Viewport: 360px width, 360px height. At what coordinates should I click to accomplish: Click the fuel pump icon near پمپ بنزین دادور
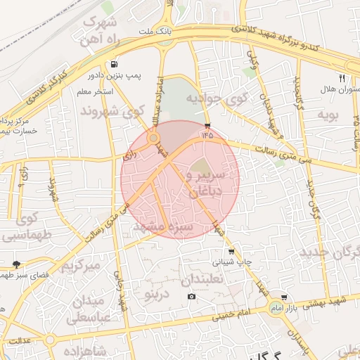[x=113, y=62]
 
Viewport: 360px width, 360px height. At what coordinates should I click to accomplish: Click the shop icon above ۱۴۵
[x=207, y=125]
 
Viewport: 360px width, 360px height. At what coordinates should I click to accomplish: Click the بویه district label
[x=328, y=114]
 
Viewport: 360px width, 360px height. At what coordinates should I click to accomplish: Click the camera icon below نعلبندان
[x=191, y=296]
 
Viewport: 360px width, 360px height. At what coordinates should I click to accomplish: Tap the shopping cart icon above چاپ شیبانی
[x=231, y=251]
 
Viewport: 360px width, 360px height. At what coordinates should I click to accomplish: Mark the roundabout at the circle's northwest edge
[x=153, y=139]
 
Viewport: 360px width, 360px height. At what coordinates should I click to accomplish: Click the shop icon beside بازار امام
[x=283, y=297]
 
